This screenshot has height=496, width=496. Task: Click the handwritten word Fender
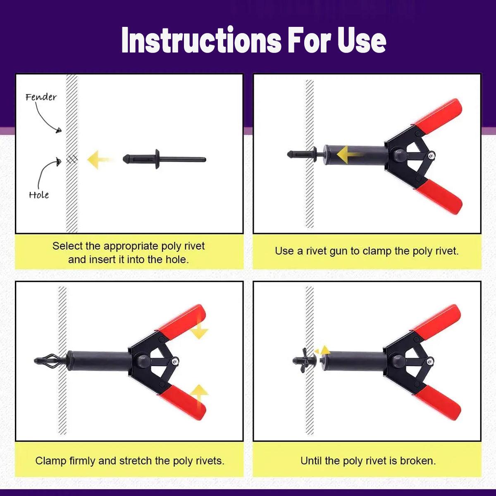click(41, 97)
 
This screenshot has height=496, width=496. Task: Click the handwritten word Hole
click(38, 195)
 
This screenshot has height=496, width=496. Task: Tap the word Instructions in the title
click(201, 41)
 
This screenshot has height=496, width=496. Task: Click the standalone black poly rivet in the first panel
click(165, 159)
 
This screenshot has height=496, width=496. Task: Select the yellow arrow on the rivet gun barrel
click(349, 155)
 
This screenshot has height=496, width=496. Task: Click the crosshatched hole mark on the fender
click(72, 160)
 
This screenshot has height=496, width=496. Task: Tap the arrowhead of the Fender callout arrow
click(59, 131)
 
